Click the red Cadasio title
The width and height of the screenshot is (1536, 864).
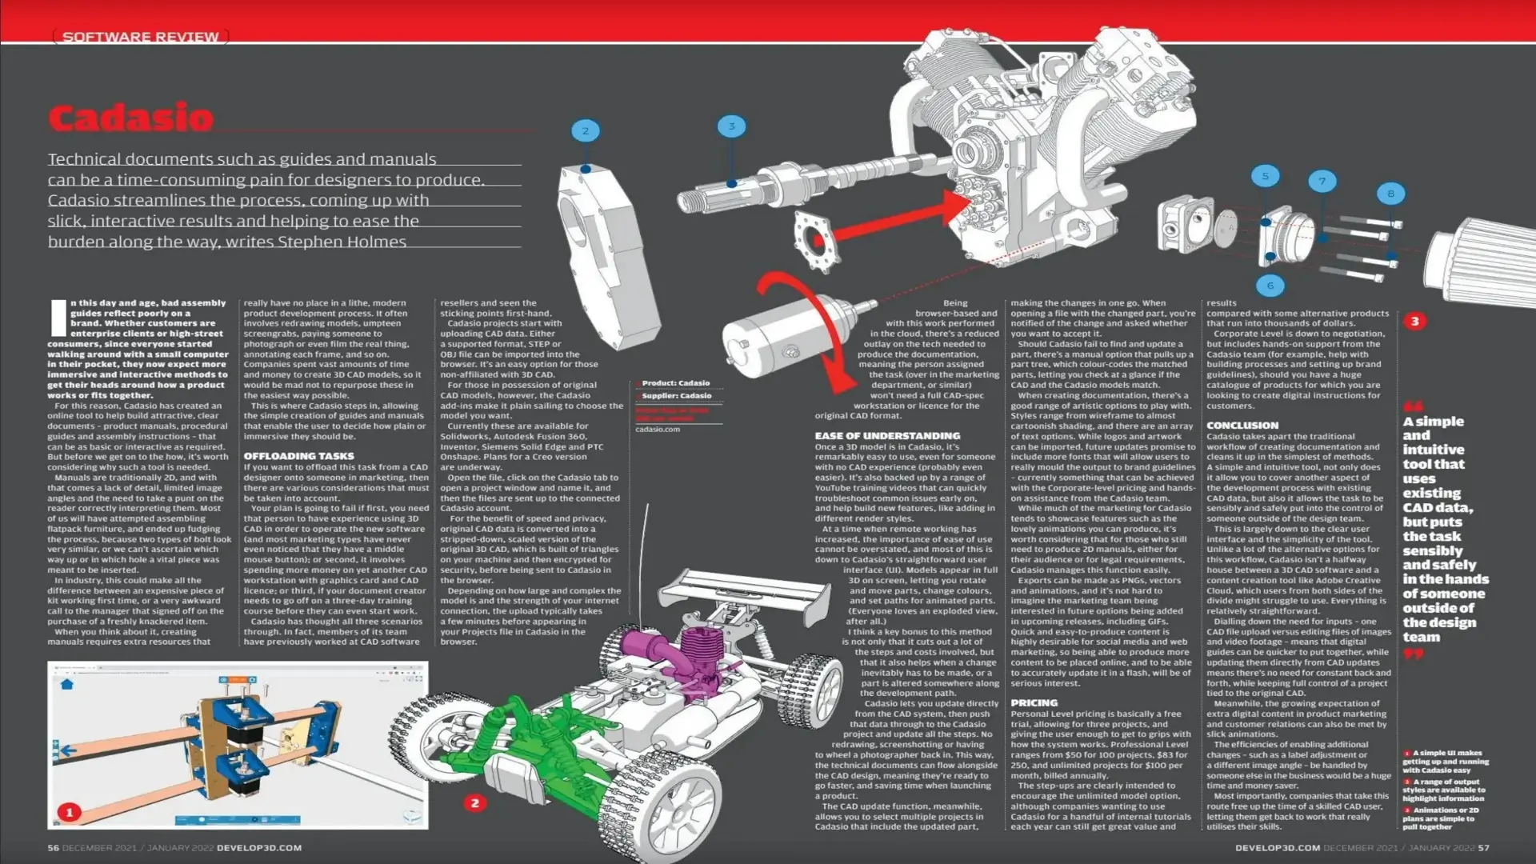click(x=130, y=118)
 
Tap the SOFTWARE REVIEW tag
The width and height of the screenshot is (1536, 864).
click(x=140, y=37)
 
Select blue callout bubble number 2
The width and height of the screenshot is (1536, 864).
click(x=586, y=131)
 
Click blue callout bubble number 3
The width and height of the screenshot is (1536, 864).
click(x=731, y=126)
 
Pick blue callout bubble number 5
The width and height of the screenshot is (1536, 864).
click(x=1265, y=176)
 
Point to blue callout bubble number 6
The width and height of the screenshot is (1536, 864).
click(x=1270, y=285)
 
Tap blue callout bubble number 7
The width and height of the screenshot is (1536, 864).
click(x=1322, y=181)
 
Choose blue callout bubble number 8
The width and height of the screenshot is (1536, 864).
click(x=1390, y=194)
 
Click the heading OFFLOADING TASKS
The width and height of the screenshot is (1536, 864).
click(x=298, y=456)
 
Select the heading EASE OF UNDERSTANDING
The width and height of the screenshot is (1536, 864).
click(x=887, y=436)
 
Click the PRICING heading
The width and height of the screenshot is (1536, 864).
click(x=1034, y=702)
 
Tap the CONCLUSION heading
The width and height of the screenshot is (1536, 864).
click(x=1242, y=426)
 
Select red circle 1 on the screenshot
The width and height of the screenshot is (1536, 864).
click(x=70, y=812)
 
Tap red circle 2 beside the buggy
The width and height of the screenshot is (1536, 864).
click(x=474, y=802)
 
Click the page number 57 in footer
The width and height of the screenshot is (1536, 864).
click(x=1483, y=847)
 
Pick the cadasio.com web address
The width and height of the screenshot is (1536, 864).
click(x=658, y=430)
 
